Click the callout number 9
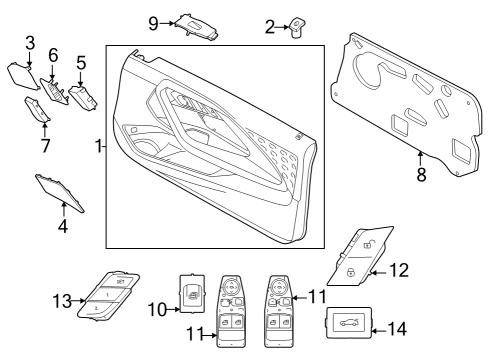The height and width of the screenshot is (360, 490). click(x=154, y=21)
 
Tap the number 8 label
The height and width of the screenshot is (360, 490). click(x=421, y=173)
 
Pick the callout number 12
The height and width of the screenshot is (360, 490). click(x=400, y=269)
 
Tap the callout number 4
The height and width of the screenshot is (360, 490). click(x=63, y=226)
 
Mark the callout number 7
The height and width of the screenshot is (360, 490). click(x=44, y=146)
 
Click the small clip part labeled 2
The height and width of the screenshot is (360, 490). click(x=297, y=30)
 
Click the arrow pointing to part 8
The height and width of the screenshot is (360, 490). click(x=421, y=156)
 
